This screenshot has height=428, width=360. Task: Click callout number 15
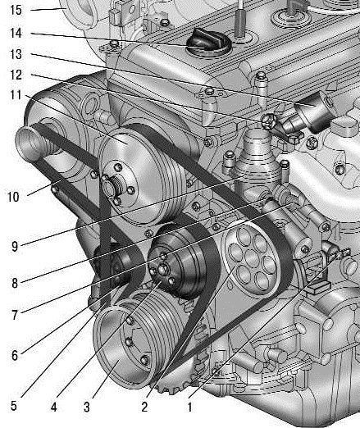pyautogui.click(x=16, y=10)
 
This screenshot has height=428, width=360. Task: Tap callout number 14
pyautogui.click(x=16, y=33)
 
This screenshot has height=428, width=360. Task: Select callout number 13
pyautogui.click(x=16, y=54)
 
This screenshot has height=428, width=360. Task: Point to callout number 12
pyautogui.click(x=16, y=75)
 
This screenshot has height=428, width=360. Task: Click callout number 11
pyautogui.click(x=16, y=95)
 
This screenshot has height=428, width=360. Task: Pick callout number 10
pyautogui.click(x=13, y=197)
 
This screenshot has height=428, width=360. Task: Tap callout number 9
pyautogui.click(x=15, y=247)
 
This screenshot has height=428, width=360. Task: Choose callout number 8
pyautogui.click(x=15, y=283)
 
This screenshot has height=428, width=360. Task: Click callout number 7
pyautogui.click(x=15, y=315)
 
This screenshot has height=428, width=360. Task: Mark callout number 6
pyautogui.click(x=15, y=356)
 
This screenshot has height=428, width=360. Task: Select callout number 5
pyautogui.click(x=14, y=406)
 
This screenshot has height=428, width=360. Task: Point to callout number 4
pyautogui.click(x=54, y=407)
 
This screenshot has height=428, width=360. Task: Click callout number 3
pyautogui.click(x=87, y=407)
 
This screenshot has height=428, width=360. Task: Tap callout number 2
pyautogui.click(x=144, y=407)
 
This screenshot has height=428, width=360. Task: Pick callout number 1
pyautogui.click(x=190, y=407)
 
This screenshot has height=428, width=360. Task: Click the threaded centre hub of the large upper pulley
pyautogui.click(x=113, y=185)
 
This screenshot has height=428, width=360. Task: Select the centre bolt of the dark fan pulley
pyautogui.click(x=163, y=270)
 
